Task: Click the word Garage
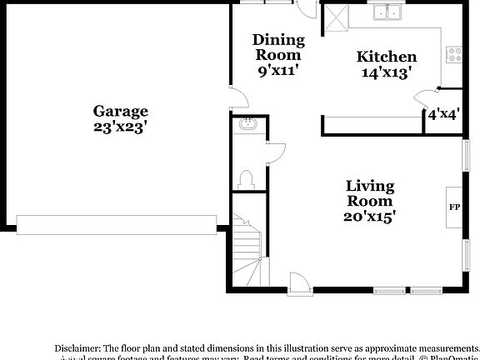(120, 111)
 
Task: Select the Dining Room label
(278, 47)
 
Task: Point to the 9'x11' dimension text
(278, 71)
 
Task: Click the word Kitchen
(387, 57)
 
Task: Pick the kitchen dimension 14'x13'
(387, 72)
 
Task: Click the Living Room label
(371, 192)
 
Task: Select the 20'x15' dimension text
(371, 216)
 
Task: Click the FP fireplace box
(455, 207)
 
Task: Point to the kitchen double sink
(387, 12)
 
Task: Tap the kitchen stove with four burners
(455, 55)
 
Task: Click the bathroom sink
(248, 126)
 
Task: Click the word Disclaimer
(77, 347)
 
